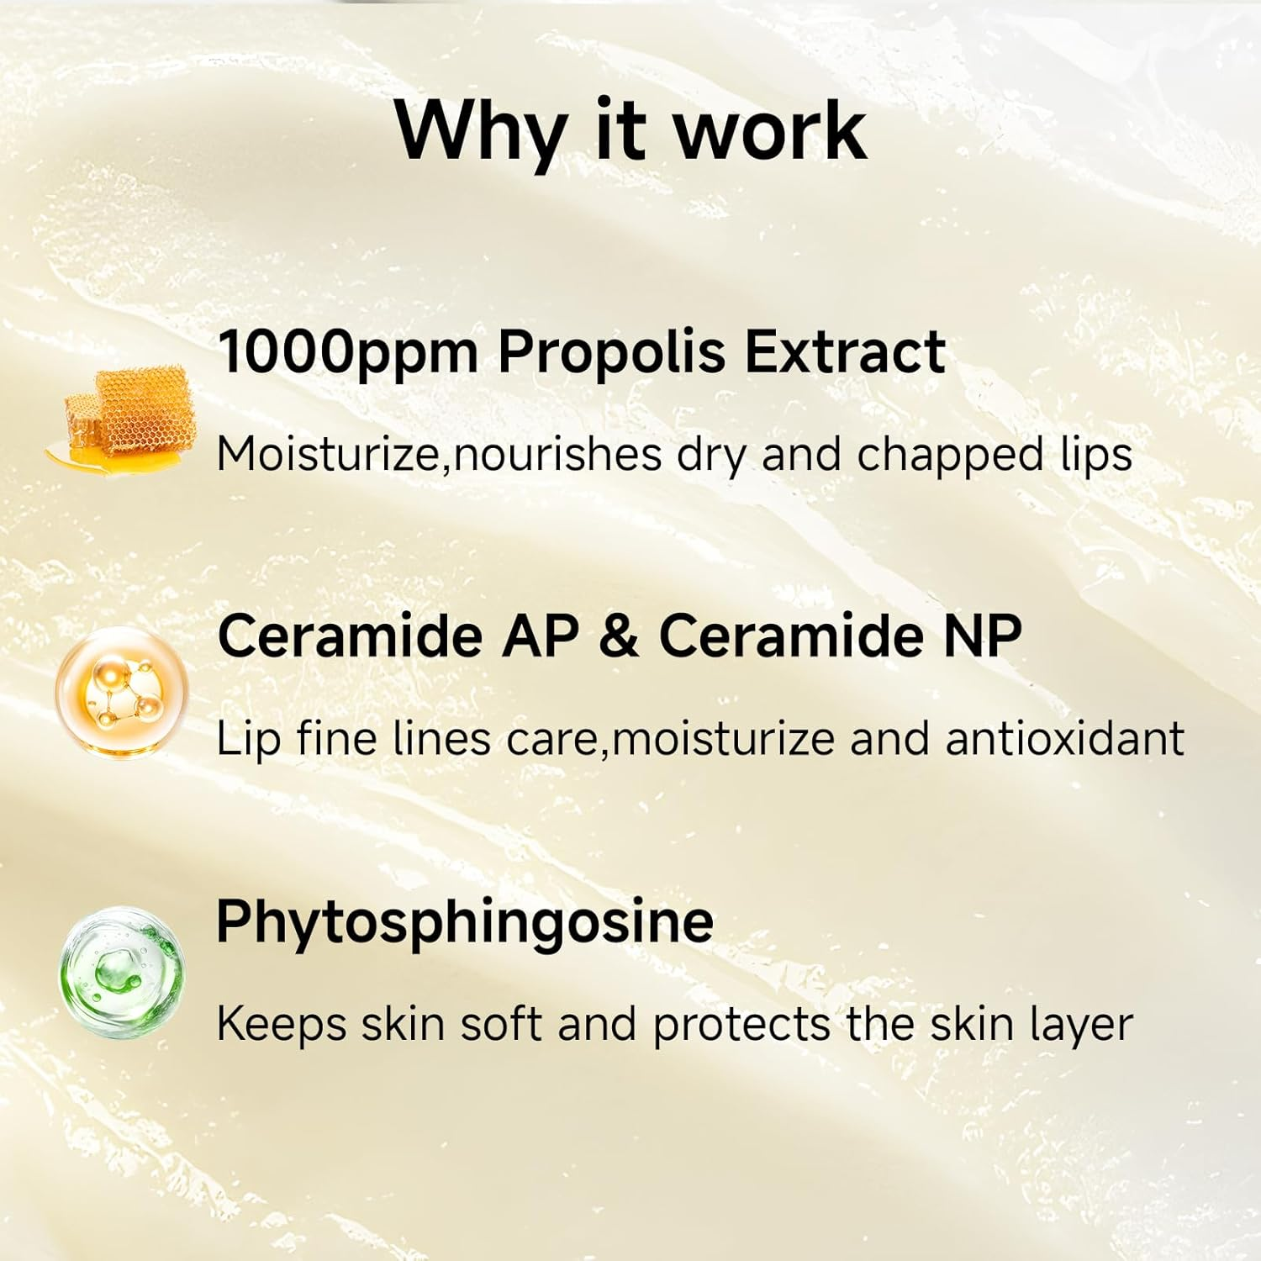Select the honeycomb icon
[x=126, y=414]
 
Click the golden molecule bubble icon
[x=122, y=694]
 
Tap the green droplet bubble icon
[x=122, y=973]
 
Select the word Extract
[x=845, y=351]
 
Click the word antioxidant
[x=1064, y=739]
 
